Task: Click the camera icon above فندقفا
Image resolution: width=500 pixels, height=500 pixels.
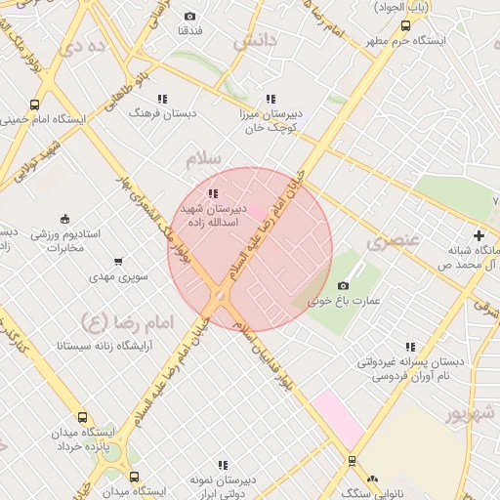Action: tap(189, 16)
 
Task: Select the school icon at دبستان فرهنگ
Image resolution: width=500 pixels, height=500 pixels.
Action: tap(162, 99)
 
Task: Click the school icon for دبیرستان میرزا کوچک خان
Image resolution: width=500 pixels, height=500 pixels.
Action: tap(271, 99)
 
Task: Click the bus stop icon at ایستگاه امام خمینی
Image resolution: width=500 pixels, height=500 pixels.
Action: tap(35, 105)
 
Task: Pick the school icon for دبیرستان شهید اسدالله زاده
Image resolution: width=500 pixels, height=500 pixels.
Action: tap(213, 193)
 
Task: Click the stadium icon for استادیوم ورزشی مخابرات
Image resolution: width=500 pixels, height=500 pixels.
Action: tap(65, 218)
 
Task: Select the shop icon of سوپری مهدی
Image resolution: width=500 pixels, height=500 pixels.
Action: tap(118, 262)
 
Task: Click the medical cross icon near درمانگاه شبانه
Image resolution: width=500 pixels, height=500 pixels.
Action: tap(478, 235)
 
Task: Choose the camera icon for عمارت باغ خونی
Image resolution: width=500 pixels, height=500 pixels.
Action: tap(342, 285)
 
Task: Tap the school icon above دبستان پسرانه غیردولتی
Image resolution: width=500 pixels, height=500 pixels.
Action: tap(410, 347)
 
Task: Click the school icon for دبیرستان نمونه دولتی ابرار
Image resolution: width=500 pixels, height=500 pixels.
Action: tap(223, 465)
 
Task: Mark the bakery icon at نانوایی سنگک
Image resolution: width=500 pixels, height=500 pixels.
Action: tap(372, 479)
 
